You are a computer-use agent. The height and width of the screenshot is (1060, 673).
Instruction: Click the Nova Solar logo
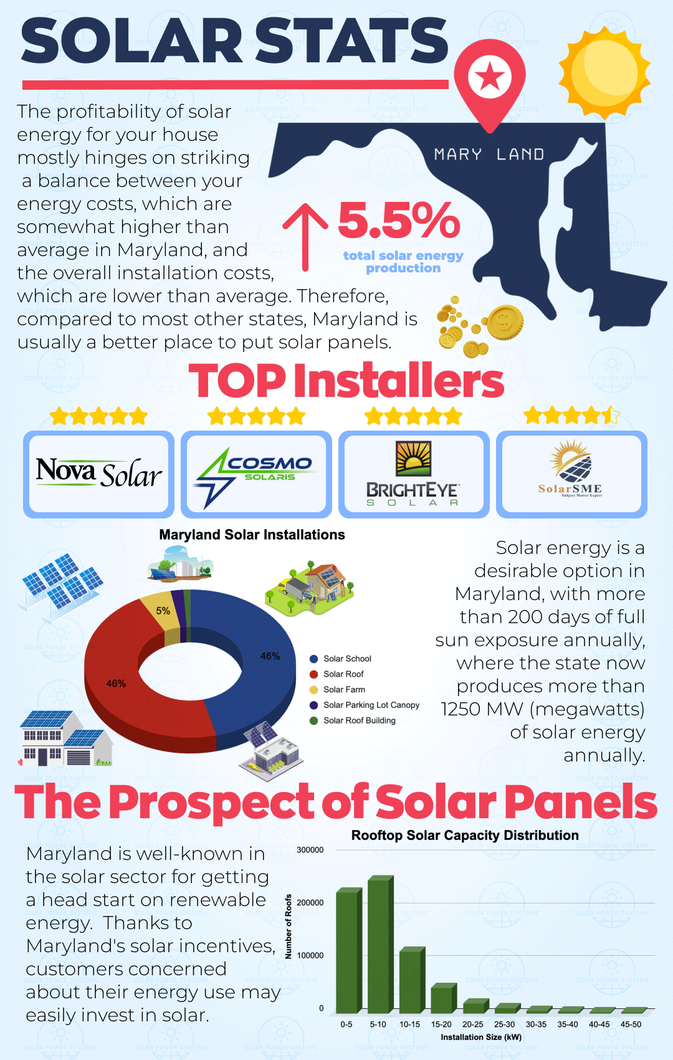pyautogui.click(x=99, y=473)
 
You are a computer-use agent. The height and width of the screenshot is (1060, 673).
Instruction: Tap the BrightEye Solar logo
pyautogui.click(x=413, y=474)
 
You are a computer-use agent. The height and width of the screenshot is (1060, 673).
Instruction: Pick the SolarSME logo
pyautogui.click(x=570, y=469)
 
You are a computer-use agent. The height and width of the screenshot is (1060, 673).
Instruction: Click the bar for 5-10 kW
pyautogui.click(x=381, y=943)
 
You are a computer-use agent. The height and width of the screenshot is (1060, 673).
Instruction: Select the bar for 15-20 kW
pyautogui.click(x=444, y=998)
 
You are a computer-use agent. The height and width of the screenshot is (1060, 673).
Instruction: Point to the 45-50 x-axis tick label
pyautogui.click(x=631, y=1024)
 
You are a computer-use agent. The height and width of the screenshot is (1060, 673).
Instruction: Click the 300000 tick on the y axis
pyautogui.click(x=310, y=850)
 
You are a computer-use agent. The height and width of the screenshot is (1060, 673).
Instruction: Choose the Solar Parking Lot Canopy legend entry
pyautogui.click(x=365, y=705)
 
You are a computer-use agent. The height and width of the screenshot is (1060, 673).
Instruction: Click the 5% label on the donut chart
pyautogui.click(x=163, y=611)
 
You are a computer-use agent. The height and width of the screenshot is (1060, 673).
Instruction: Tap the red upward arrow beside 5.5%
pyautogui.click(x=305, y=237)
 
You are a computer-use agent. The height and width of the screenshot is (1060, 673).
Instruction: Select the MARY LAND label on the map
pyautogui.click(x=489, y=155)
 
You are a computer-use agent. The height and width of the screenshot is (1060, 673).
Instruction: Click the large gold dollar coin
pyautogui.click(x=505, y=322)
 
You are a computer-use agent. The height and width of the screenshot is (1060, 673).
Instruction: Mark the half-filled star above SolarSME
pyautogui.click(x=611, y=415)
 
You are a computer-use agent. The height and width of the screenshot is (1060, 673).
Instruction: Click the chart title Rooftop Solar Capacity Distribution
pyautogui.click(x=465, y=835)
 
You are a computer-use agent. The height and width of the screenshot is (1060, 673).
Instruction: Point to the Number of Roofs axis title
pyautogui.click(x=289, y=927)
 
